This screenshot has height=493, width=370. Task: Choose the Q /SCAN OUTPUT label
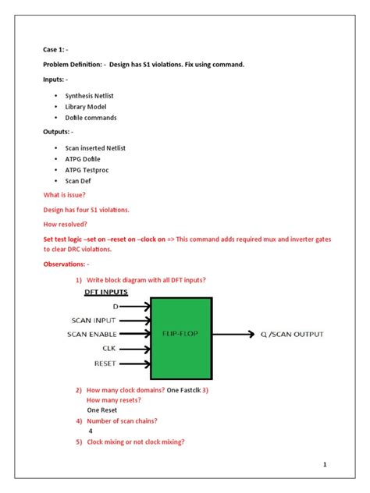(292, 335)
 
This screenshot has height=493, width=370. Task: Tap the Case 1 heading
(56, 48)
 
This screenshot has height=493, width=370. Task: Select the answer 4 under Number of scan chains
(91, 430)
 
